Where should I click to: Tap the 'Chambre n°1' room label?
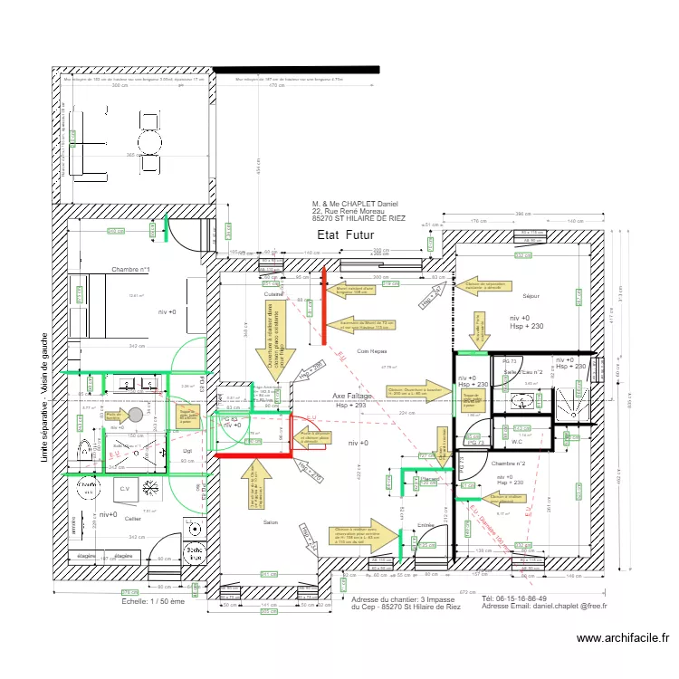click(130, 270)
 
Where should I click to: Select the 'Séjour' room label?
click(531, 296)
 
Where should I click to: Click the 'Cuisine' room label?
click(273, 294)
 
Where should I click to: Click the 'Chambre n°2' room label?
click(509, 464)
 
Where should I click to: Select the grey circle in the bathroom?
click(136, 414)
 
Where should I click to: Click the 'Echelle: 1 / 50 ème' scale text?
click(152, 600)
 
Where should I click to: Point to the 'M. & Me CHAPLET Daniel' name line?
click(354, 204)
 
